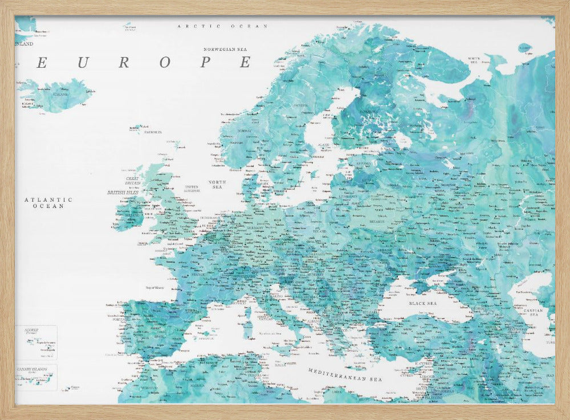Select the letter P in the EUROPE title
[205, 63]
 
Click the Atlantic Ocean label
[48, 203]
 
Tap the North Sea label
[217, 184]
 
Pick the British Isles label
[124, 193]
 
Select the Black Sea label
[422, 304]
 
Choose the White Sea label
[474, 59]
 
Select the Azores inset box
[36, 342]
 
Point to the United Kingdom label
[192, 188]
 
